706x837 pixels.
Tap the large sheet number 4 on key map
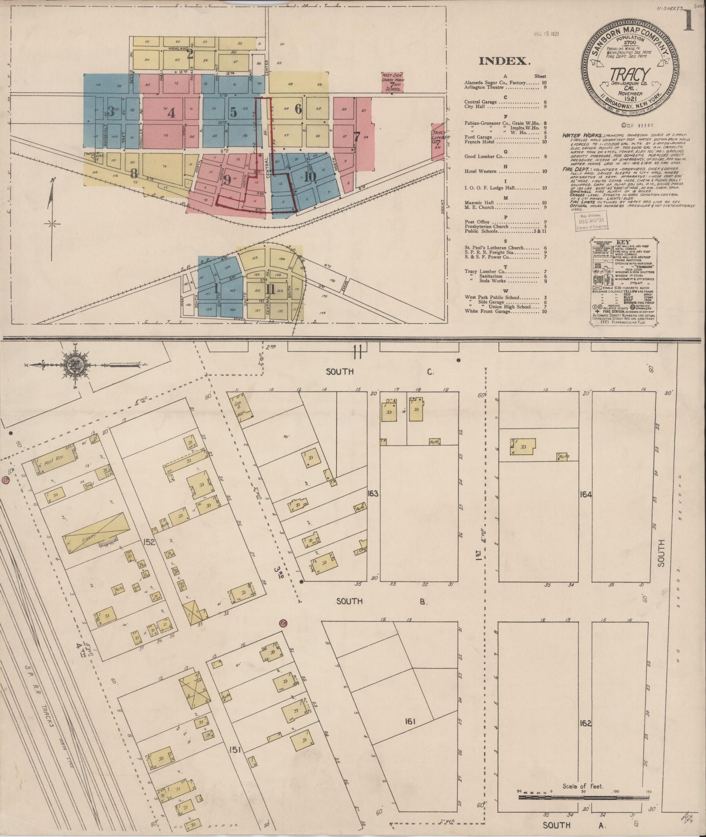171,113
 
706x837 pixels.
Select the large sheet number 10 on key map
310,176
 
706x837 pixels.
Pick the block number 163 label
373,494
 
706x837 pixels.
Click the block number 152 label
149,543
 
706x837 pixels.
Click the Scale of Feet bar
584,797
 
